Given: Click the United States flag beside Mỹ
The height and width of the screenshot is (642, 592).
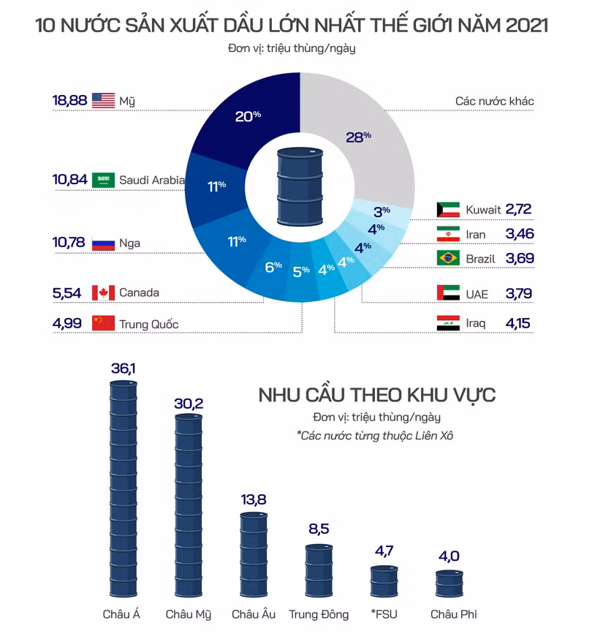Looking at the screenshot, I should pos(104,101).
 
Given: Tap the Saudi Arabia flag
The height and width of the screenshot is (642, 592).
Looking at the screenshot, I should pos(104,180).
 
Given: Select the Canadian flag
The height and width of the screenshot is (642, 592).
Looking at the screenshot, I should pos(104,292).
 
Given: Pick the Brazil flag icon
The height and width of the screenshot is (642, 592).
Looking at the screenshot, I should pos(448,258).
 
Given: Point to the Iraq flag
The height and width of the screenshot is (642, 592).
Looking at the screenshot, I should pos(448,323).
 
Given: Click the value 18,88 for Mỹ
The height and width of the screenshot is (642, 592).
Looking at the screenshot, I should pos(69,101).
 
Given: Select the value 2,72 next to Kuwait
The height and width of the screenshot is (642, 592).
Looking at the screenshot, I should pos(517,210).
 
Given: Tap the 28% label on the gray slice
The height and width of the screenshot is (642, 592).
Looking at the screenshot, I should pos(358,137).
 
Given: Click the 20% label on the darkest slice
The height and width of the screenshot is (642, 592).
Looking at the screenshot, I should pos(247,116).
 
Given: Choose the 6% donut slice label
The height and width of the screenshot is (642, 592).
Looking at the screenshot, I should pos(273,267).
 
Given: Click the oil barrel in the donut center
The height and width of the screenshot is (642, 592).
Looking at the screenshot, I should pos(300,186).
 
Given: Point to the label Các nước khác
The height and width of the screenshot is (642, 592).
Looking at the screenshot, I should pos(495,101).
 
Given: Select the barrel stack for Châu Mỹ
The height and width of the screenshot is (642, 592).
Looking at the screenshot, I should pos(189,505).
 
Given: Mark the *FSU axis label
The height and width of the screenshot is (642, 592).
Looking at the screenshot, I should pos(384,614).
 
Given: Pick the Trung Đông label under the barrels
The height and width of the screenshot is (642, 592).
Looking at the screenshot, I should pos(319,614).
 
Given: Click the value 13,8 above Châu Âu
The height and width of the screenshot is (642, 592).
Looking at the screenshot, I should pos(254,500).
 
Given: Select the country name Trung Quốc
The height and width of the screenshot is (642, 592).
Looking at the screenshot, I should pos(148,324).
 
